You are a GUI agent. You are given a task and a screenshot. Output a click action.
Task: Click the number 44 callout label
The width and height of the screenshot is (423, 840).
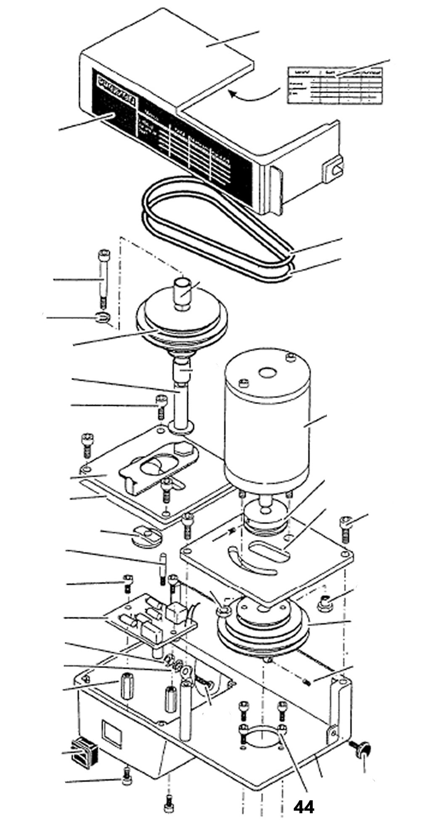(304, 807)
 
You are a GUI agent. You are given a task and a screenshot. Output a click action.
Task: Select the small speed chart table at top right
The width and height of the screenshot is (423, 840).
(335, 84)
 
